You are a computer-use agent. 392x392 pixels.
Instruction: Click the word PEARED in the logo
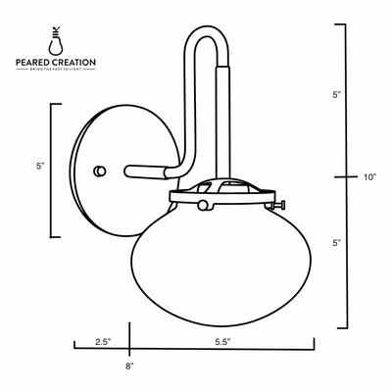pyautogui.click(x=36, y=63)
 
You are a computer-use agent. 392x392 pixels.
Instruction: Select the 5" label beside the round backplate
pyautogui.click(x=39, y=168)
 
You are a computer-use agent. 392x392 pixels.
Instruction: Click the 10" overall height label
pyautogui.click(x=368, y=177)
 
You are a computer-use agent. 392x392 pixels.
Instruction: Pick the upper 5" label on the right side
pyautogui.click(x=336, y=96)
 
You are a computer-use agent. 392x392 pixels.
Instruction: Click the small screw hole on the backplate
pyautogui.click(x=97, y=171)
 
